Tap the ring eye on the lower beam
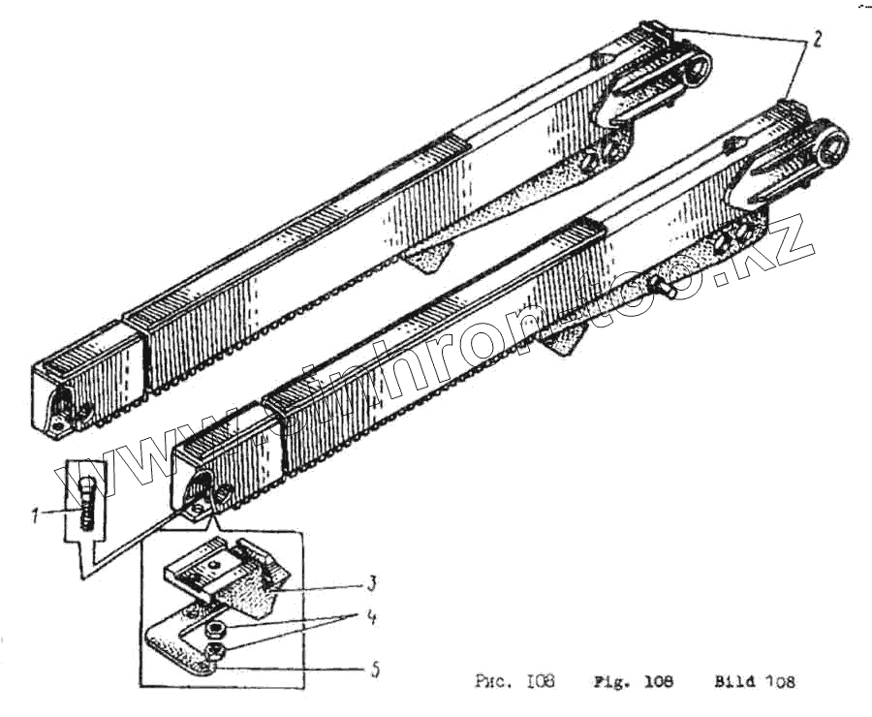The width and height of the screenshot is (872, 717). point(831,145)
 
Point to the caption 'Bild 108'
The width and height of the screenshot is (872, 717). point(755,681)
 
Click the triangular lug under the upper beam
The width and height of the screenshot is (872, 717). point(429,257)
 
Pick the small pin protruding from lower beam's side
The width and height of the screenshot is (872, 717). point(663,285)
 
